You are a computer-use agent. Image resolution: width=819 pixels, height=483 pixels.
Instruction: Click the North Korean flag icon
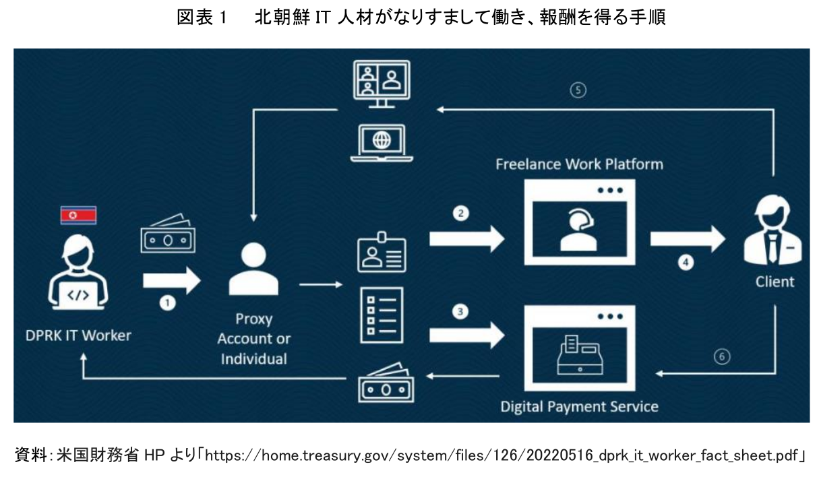point(79,215)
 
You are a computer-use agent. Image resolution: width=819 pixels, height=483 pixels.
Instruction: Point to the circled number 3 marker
point(460,312)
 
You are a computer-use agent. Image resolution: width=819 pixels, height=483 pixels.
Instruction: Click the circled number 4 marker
point(686,263)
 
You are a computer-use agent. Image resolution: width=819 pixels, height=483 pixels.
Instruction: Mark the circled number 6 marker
point(722,357)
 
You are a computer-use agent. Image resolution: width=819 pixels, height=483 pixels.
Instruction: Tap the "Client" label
point(775,281)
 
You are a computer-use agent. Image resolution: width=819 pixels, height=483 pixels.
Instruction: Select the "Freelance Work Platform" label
point(579,164)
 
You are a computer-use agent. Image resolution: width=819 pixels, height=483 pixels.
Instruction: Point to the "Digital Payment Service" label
point(579,406)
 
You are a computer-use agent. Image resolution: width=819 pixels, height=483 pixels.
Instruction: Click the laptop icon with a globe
point(382,142)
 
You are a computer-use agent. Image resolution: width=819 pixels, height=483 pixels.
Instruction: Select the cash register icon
point(579,354)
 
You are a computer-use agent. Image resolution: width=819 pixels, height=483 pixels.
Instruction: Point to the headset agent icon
point(579,229)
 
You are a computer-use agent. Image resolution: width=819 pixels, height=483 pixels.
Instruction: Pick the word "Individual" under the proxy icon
point(253,358)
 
